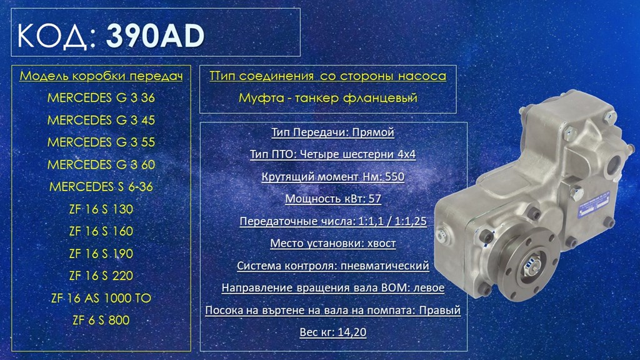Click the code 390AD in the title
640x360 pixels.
click(155, 36)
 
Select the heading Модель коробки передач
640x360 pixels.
click(101, 76)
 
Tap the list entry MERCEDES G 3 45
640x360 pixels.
click(101, 121)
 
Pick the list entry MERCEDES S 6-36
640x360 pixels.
click(101, 187)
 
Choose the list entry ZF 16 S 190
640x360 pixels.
click(101, 254)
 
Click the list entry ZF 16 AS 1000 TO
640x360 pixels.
click(101, 298)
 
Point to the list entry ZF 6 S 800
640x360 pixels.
click(101, 321)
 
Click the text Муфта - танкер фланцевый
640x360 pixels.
click(328, 98)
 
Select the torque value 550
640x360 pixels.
click(395, 177)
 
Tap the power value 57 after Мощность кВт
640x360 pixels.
click(375, 199)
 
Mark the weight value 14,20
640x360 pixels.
click(352, 332)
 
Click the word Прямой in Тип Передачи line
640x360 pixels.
click(373, 132)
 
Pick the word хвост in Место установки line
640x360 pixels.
click(382, 244)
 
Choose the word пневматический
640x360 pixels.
click(385, 266)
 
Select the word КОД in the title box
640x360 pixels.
click(52, 36)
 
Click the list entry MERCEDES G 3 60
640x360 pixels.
click(101, 165)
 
